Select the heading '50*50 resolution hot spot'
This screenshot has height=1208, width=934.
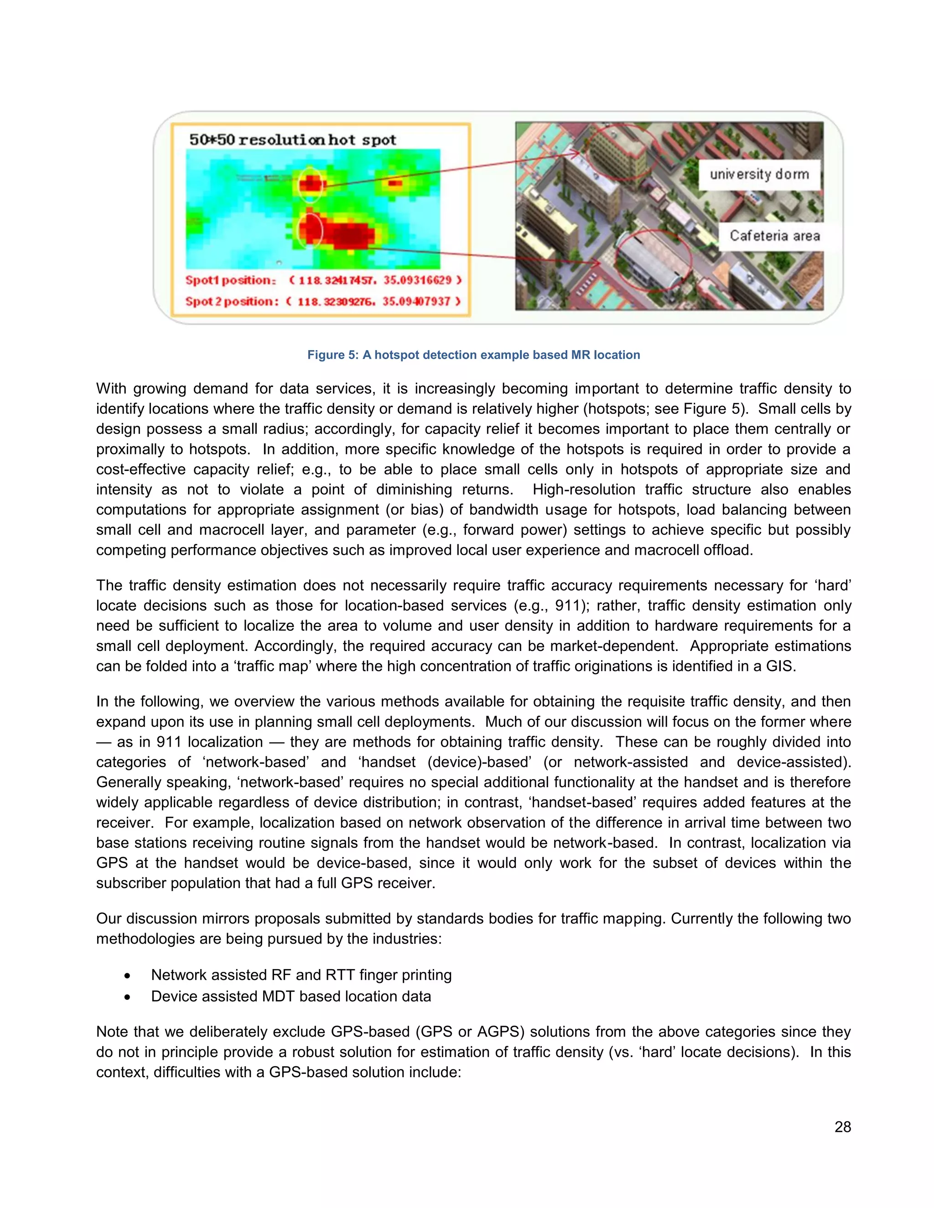[x=293, y=140]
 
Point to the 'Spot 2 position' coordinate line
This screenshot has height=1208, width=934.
[x=322, y=301]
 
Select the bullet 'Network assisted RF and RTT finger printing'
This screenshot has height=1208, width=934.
[x=301, y=975]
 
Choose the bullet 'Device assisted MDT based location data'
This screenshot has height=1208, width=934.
[x=291, y=996]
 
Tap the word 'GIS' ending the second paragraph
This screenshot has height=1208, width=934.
[x=778, y=666]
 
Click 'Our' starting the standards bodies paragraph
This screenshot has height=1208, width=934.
[x=109, y=919]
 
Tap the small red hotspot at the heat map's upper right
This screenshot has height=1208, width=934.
[x=395, y=182]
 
